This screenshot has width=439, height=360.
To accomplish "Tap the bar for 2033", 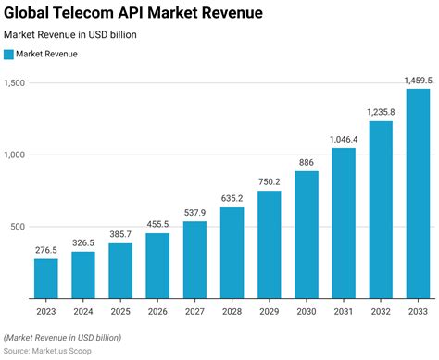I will click(x=418, y=193).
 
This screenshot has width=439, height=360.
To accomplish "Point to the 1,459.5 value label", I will click(x=418, y=81).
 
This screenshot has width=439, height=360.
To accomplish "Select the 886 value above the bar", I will click(x=307, y=163).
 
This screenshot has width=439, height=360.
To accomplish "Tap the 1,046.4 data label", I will click(x=344, y=140).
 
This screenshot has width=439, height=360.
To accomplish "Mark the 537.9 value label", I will click(x=195, y=213).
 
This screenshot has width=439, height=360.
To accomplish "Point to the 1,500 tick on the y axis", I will click(x=16, y=83).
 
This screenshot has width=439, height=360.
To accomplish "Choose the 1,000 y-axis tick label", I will click(x=16, y=155).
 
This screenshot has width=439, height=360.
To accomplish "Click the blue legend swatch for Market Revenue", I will click(x=9, y=55).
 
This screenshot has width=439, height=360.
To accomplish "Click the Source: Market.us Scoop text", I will click(x=53, y=352).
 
